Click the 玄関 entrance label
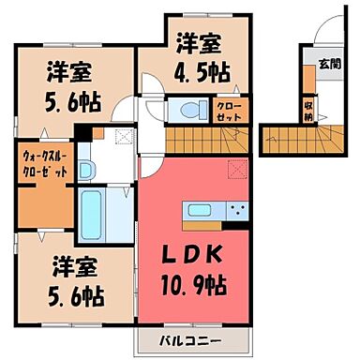click(329, 65)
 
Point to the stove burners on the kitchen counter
click(234, 208)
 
